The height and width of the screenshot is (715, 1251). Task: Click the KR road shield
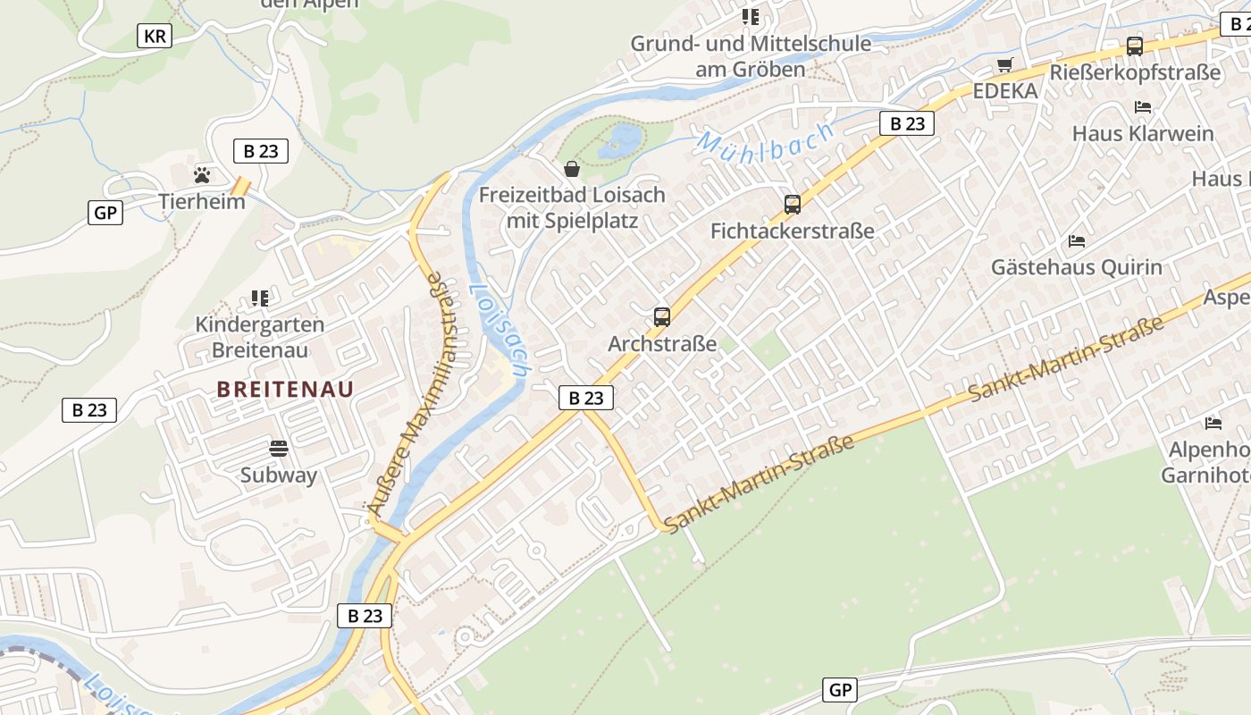point(155,36)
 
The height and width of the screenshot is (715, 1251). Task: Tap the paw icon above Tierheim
point(203,175)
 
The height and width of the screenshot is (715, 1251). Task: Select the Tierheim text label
point(202,201)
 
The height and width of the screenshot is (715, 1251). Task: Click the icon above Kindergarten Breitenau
point(260,298)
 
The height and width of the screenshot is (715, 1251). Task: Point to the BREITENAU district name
point(285,389)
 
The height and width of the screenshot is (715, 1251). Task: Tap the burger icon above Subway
point(279,448)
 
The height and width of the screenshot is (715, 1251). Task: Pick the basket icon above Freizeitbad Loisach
point(572,169)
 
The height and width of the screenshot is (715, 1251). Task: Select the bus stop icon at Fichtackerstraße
point(793,205)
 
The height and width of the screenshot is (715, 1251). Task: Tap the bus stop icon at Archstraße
point(662,316)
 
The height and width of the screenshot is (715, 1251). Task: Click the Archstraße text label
point(662,343)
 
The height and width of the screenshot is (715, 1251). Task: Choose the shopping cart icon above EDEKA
point(1005,65)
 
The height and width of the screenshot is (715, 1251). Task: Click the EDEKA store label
point(1005,91)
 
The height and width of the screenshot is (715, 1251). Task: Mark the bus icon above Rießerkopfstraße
point(1135,46)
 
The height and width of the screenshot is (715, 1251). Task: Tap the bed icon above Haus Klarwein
point(1143,107)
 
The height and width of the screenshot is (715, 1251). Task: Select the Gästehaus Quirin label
point(1077,266)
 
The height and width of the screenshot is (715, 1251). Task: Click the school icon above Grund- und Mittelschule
point(751,16)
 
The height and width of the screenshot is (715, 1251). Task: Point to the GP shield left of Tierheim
point(105,213)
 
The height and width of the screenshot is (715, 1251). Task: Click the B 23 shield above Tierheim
point(261,151)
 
